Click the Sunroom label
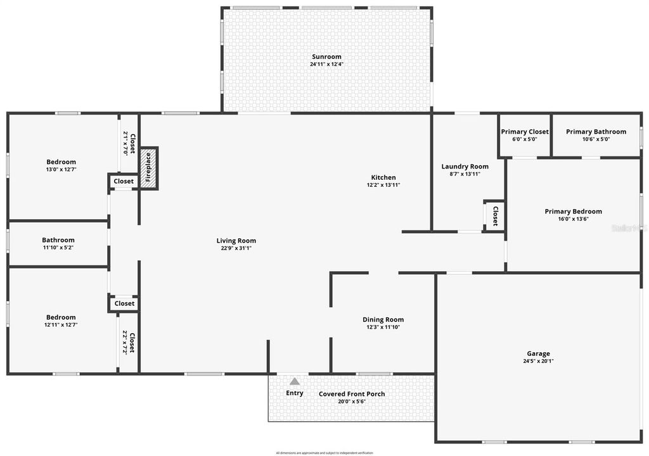[x=326, y=57]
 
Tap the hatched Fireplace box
[x=148, y=168]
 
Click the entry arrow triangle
[x=295, y=381]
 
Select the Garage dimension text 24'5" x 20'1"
[x=538, y=362]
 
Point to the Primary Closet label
[x=525, y=132]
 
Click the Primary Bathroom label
[x=596, y=132]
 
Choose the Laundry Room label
[x=465, y=167]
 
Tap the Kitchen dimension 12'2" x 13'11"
[x=383, y=185]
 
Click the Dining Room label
[x=383, y=320]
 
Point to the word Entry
[x=295, y=393]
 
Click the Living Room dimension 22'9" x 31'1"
[x=236, y=248]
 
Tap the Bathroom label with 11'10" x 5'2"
[x=58, y=240]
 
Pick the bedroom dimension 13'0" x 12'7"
[x=61, y=169]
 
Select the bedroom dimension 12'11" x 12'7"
[x=61, y=324]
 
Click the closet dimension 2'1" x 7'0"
[x=125, y=143]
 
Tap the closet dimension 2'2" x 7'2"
[x=125, y=343]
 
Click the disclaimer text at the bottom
[x=324, y=453]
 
